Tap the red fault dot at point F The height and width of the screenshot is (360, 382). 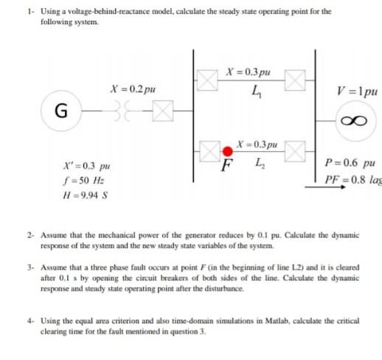coord(228,153)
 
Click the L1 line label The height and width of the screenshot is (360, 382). coord(255,91)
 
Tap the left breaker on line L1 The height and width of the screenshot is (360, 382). coord(206,80)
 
